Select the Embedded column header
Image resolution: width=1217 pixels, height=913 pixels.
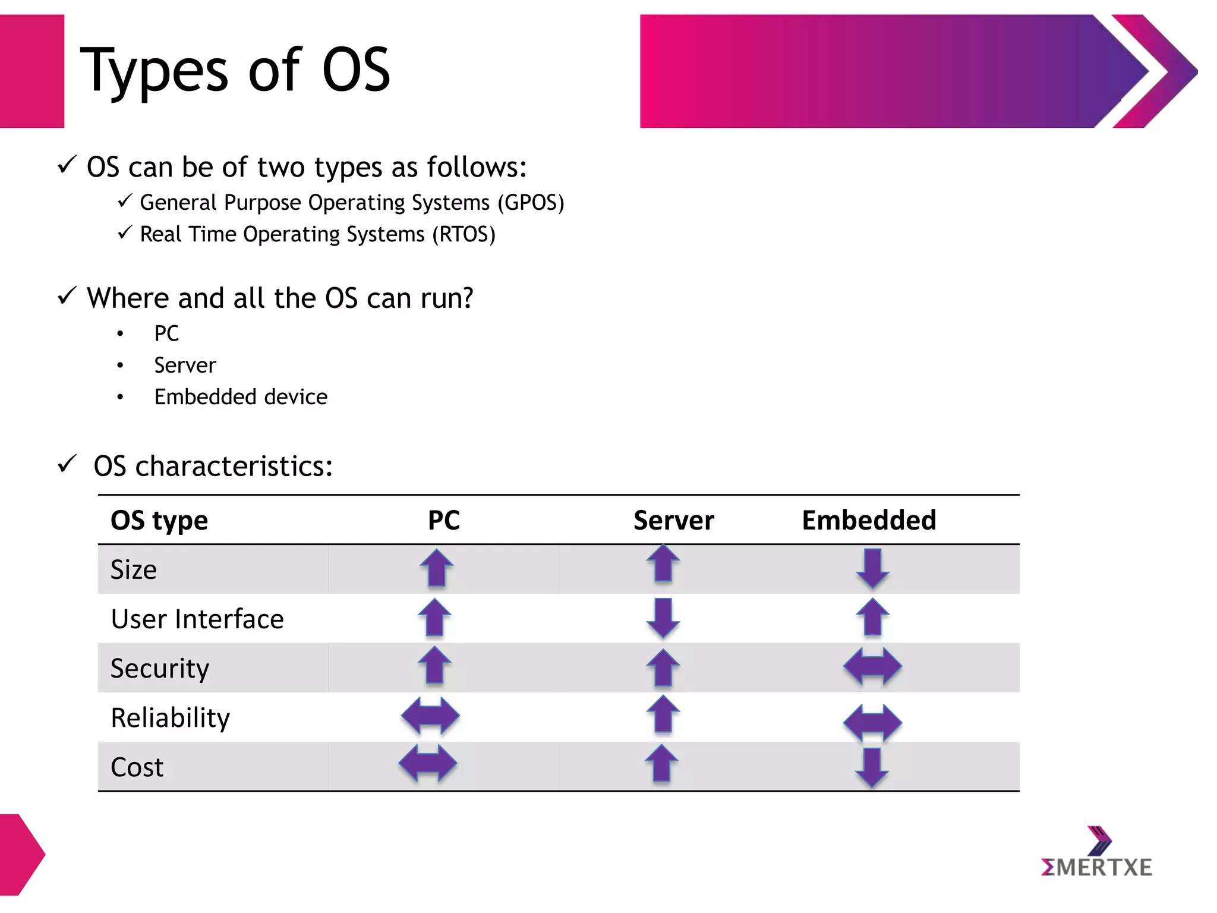[869, 520]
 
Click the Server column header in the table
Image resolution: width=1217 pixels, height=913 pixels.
[673, 520]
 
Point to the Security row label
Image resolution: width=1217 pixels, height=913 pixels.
[160, 669]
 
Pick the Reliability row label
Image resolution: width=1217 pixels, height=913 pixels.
[170, 718]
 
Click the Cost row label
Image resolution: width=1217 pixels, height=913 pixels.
[137, 767]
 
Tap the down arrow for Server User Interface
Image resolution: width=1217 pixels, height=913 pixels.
[663, 618]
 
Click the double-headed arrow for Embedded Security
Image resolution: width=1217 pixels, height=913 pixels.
[872, 666]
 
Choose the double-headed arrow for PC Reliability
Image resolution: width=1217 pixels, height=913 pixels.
[430, 716]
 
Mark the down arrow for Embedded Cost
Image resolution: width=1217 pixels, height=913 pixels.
[872, 767]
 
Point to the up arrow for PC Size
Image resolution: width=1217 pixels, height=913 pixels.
[436, 568]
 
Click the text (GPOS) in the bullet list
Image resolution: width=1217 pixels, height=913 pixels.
[531, 203]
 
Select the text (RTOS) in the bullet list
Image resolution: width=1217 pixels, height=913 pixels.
[464, 234]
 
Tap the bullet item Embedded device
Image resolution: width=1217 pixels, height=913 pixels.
[241, 397]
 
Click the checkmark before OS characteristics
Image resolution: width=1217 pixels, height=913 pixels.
[67, 464]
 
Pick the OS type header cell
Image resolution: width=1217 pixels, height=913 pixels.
[159, 521]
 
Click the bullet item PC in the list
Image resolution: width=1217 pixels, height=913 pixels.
[166, 333]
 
